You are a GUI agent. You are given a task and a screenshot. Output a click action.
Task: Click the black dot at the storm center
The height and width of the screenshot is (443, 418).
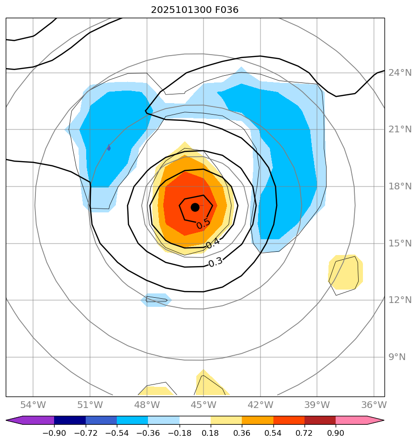tap(195, 207)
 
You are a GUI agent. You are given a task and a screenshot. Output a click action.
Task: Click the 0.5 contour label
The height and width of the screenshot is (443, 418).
tap(203, 223)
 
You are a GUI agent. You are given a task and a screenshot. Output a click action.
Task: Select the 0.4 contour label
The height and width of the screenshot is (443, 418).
tap(213, 243)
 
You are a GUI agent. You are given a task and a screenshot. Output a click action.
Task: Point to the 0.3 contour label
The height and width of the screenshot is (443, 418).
tap(215, 262)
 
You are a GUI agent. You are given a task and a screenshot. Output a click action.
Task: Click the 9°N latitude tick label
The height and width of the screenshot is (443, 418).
tap(396, 357)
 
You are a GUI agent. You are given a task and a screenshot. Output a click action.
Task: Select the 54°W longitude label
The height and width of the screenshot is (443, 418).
tap(33, 406)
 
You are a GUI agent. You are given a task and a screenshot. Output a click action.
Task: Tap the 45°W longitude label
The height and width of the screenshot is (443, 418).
tap(203, 406)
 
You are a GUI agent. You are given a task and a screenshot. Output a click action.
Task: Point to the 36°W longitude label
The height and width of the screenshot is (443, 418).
tap(373, 406)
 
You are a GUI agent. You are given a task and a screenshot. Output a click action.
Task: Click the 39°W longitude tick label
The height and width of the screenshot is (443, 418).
tap(317, 406)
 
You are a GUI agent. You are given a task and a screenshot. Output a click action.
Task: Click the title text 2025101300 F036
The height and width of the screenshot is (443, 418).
tap(195, 10)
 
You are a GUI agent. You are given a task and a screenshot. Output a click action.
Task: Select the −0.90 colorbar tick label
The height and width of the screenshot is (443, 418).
tap(54, 433)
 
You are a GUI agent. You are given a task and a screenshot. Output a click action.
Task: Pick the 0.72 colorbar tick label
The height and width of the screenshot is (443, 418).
tap(305, 433)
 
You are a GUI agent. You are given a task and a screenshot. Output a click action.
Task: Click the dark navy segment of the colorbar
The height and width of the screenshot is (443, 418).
tap(70, 420)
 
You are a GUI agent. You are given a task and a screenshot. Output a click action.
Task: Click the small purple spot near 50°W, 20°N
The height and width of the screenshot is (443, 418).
tap(109, 148)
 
